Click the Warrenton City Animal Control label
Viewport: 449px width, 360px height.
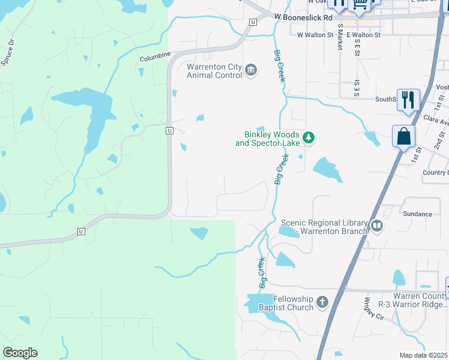[x=214, y=71]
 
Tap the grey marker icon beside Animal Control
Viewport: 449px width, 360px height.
[x=251, y=71]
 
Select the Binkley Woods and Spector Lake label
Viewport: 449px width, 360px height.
[x=267, y=139]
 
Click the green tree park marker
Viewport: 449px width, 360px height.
[x=309, y=139]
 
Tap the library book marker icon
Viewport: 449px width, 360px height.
[x=377, y=226]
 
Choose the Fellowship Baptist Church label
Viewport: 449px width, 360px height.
[x=293, y=303]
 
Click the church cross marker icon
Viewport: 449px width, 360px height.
[x=322, y=302]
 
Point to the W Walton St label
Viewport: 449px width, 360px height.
[x=315, y=35]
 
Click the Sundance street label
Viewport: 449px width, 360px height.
[x=417, y=214]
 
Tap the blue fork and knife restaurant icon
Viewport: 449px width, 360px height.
[x=408, y=100]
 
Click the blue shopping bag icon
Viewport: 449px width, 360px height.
[x=403, y=136]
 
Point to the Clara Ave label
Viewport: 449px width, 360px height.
[x=436, y=121]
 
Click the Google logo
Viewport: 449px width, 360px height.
[x=20, y=353]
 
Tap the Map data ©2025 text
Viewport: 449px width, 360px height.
[x=424, y=355]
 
